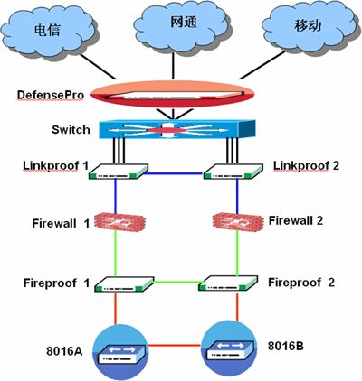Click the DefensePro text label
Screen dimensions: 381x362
51,93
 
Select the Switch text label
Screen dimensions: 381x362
71,130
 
